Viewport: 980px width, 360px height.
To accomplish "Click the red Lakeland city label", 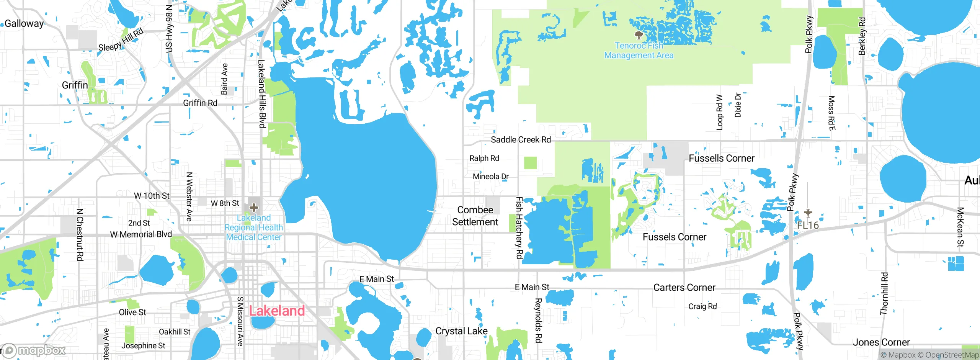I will click(x=277, y=311).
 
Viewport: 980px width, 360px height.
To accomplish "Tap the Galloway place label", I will click(x=24, y=23).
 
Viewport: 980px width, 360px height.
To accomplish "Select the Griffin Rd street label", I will click(x=200, y=103).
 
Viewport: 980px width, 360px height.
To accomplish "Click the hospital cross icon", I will click(x=253, y=208).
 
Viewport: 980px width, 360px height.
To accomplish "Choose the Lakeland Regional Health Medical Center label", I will click(x=253, y=227).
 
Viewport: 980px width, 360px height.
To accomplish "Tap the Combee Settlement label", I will click(x=475, y=216).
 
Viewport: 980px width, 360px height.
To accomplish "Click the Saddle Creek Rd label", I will click(x=521, y=140).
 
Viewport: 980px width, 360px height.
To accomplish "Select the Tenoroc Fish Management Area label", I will click(x=639, y=51).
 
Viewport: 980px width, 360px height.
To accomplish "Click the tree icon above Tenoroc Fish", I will click(x=639, y=36).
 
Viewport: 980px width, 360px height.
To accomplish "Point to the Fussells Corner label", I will click(x=721, y=158).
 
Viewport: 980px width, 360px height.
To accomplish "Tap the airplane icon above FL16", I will click(x=808, y=213).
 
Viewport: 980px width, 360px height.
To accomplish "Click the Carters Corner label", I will click(x=684, y=288).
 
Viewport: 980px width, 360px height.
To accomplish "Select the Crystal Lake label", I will click(x=461, y=331).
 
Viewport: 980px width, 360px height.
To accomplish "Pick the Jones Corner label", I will click(x=881, y=342).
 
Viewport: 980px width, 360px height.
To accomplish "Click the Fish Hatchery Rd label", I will click(x=519, y=227).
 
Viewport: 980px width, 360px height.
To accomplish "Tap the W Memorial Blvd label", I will click(x=141, y=234).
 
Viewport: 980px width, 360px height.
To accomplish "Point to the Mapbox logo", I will click(x=34, y=350).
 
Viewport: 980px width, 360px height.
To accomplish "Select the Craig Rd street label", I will click(x=702, y=306).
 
